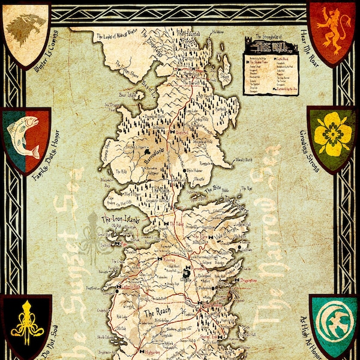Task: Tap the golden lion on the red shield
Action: (x=332, y=28)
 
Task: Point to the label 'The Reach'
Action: (x=157, y=313)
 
